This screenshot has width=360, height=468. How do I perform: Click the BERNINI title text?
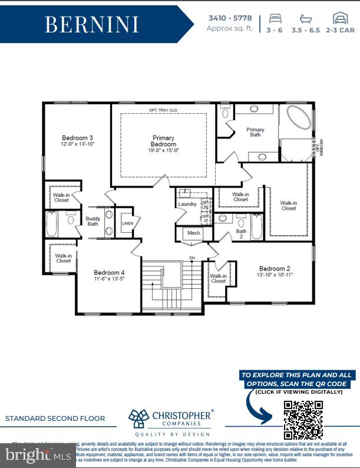pyautogui.click(x=91, y=25)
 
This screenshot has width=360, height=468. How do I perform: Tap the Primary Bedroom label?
pyautogui.click(x=163, y=141)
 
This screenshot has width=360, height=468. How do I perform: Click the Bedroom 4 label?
pyautogui.click(x=109, y=272)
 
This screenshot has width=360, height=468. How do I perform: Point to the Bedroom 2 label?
pyautogui.click(x=275, y=268)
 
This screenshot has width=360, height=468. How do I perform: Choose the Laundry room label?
pyautogui.click(x=187, y=204)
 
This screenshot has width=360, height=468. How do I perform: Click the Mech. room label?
pyautogui.click(x=194, y=233)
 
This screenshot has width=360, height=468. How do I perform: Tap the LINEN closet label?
pyautogui.click(x=128, y=224)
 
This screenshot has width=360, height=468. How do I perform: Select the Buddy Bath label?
pyautogui.click(x=93, y=220)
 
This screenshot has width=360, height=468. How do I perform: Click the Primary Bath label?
pyautogui.click(x=255, y=132)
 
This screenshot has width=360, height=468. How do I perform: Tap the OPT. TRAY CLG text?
pyautogui.click(x=163, y=110)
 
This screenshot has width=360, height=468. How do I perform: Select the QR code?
pyautogui.click(x=303, y=420)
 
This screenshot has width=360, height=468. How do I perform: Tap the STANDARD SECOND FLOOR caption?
pyautogui.click(x=55, y=418)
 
